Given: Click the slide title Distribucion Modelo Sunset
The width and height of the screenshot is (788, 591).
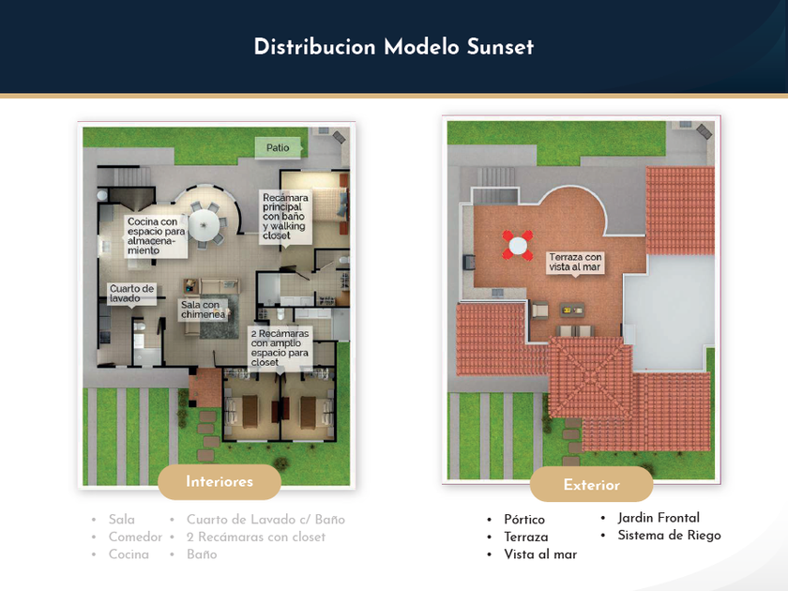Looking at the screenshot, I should pyautogui.click(x=393, y=47).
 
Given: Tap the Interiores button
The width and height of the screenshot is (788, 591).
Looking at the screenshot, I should pyautogui.click(x=220, y=482).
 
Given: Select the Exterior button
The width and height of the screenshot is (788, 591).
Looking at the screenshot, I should pyautogui.click(x=591, y=485).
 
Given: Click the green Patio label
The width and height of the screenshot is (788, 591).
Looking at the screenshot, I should pyautogui.click(x=278, y=147).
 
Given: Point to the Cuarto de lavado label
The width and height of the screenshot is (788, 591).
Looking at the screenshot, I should pyautogui.click(x=131, y=294).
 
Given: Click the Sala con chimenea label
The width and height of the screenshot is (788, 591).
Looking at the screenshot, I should pyautogui.click(x=202, y=310).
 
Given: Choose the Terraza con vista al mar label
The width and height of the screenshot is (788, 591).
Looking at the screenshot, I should pyautogui.click(x=576, y=262).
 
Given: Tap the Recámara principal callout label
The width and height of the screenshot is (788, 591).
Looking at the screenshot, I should pyautogui.click(x=285, y=217).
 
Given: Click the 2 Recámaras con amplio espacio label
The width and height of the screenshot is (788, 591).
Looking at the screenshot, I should pyautogui.click(x=280, y=347).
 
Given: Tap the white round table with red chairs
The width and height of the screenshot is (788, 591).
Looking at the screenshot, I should pyautogui.click(x=518, y=246).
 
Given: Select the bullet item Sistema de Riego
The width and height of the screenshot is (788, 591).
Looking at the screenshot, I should pyautogui.click(x=669, y=536).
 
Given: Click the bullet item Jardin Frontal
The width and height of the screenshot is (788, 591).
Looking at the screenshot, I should pyautogui.click(x=659, y=518).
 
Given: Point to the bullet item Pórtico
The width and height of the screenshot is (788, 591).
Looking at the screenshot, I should pyautogui.click(x=523, y=520).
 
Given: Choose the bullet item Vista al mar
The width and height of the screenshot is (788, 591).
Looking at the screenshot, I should pyautogui.click(x=540, y=554).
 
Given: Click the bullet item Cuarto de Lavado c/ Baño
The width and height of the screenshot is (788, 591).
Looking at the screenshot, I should pyautogui.click(x=265, y=520).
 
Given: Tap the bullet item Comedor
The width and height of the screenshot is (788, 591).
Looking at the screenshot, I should pyautogui.click(x=135, y=538).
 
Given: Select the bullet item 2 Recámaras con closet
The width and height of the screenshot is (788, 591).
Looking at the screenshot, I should pyautogui.click(x=256, y=538).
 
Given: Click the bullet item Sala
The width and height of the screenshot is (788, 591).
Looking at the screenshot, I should pyautogui.click(x=122, y=520).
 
